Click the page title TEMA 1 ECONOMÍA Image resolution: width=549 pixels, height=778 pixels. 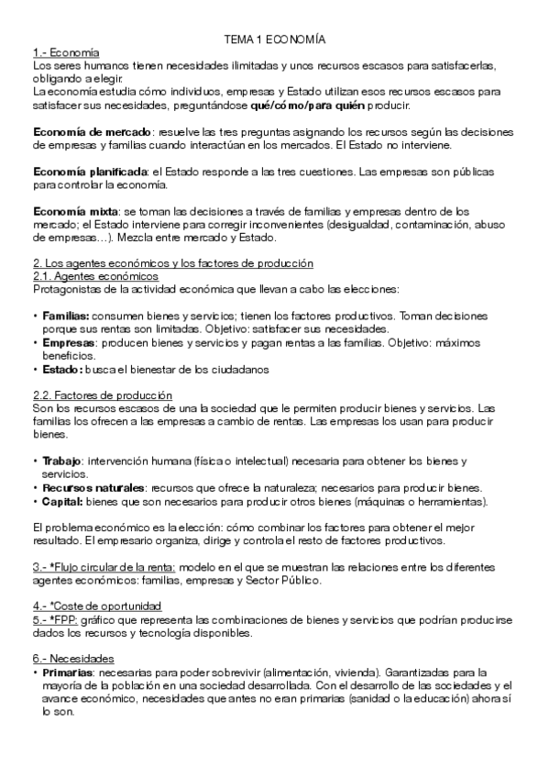pyautogui.click(x=275, y=40)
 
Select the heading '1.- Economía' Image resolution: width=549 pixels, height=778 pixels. pyautogui.click(x=66, y=53)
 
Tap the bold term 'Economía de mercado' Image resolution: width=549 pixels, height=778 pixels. pyautogui.click(x=78, y=132)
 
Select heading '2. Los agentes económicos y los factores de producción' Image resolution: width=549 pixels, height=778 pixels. pyautogui.click(x=172, y=263)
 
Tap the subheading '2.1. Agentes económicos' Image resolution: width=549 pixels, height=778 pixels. pyautogui.click(x=95, y=276)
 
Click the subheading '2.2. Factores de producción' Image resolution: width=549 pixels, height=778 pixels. pyautogui.click(x=102, y=395)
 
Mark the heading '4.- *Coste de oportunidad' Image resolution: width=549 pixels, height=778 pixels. pyautogui.click(x=96, y=606)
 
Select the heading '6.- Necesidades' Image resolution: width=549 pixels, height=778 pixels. pyautogui.click(x=73, y=659)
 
